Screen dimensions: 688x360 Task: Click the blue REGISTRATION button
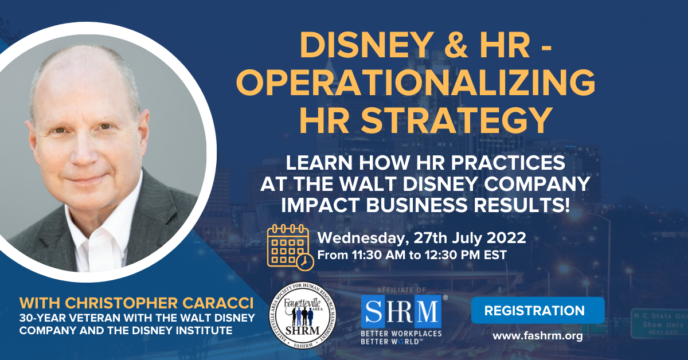[538, 310]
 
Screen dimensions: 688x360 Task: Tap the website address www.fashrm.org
[538, 336]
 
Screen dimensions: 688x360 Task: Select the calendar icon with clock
[290, 248]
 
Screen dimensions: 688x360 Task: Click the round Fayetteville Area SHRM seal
[303, 315]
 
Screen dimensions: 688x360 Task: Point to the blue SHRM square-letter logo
[401, 311]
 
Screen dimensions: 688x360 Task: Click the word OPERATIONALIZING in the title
[416, 83]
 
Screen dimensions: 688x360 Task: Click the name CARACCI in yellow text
[218, 303]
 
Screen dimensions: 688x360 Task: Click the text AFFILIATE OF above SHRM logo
[401, 290]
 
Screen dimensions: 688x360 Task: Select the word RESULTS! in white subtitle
[522, 205]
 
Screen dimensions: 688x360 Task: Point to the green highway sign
[659, 324]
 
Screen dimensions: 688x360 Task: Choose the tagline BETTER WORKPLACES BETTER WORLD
[401, 337]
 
